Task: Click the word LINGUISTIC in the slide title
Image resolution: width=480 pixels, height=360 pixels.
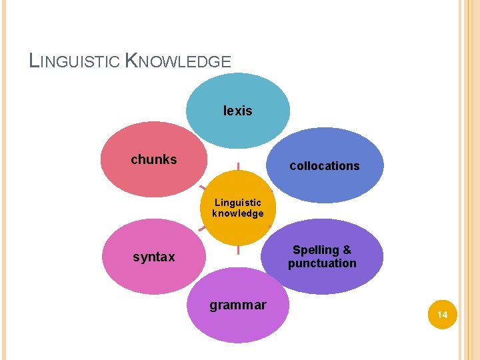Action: click(x=75, y=61)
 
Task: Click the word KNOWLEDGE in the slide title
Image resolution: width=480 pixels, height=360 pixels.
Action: click(x=179, y=61)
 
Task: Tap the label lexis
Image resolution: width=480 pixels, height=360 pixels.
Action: click(x=238, y=111)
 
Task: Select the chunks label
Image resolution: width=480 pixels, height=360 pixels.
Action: click(x=154, y=159)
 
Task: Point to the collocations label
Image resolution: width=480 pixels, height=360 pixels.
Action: click(x=325, y=166)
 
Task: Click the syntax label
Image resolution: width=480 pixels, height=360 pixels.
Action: click(x=154, y=257)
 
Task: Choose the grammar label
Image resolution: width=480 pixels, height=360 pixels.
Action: click(x=238, y=305)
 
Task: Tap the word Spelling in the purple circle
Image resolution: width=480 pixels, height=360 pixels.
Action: click(x=316, y=250)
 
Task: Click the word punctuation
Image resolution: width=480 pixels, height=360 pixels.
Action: click(x=323, y=263)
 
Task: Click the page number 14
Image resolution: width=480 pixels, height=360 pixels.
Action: click(x=441, y=314)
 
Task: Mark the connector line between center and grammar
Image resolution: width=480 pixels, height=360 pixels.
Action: click(x=238, y=251)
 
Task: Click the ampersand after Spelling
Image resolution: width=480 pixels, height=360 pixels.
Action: click(x=347, y=250)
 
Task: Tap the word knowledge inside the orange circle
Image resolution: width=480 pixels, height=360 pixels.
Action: click(x=238, y=214)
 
